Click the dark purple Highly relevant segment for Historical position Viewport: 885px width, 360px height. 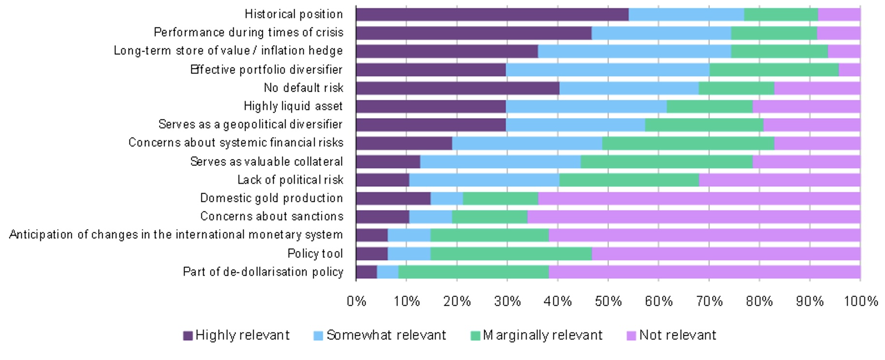tap(492, 15)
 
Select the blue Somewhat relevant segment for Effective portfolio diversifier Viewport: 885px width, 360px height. tap(607, 70)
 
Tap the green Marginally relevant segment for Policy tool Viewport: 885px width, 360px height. tap(511, 254)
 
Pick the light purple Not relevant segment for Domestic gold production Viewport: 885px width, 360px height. tap(699, 198)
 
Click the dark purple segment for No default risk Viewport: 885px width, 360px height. tap(458, 88)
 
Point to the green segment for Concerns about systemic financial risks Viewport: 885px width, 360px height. tap(688, 143)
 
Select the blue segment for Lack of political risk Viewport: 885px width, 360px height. tap(484, 180)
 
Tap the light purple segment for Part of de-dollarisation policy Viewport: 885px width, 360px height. tap(704, 272)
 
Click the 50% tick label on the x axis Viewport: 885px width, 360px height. tap(608, 301)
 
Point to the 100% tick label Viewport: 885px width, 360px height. tap(860, 301)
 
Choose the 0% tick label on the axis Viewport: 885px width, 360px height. tap(356, 301)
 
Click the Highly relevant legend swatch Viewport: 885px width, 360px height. tap(188, 335)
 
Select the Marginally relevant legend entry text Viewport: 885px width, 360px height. tap(542, 335)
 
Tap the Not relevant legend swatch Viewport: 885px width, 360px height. tap(631, 335)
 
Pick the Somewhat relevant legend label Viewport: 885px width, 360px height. tap(386, 335)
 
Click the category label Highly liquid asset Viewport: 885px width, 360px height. tap(293, 106)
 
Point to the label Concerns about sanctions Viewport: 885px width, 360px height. tap(272, 216)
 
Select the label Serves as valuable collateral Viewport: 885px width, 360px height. tap(266, 162)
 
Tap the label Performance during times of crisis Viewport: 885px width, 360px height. tap(248, 32)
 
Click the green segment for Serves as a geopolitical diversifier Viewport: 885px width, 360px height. tap(704, 125)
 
